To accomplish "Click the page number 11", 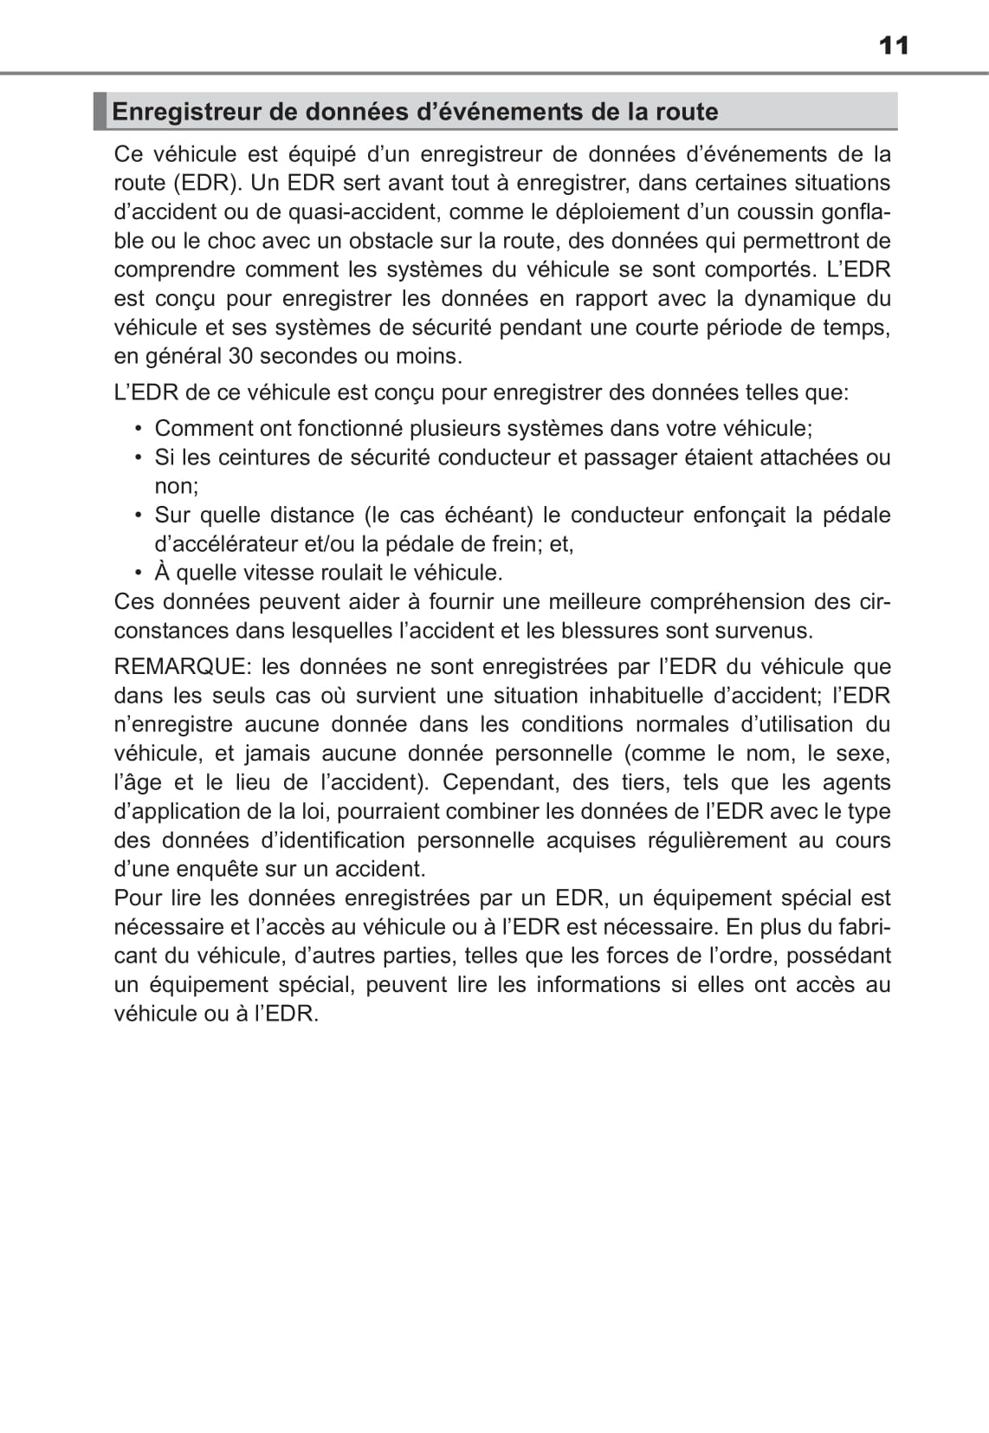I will [x=894, y=45].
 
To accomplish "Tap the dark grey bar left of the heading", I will [x=100, y=111].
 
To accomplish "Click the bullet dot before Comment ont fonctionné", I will [x=138, y=429].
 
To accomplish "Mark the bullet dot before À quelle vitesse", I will [x=138, y=573].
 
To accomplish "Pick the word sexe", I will [x=861, y=754].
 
